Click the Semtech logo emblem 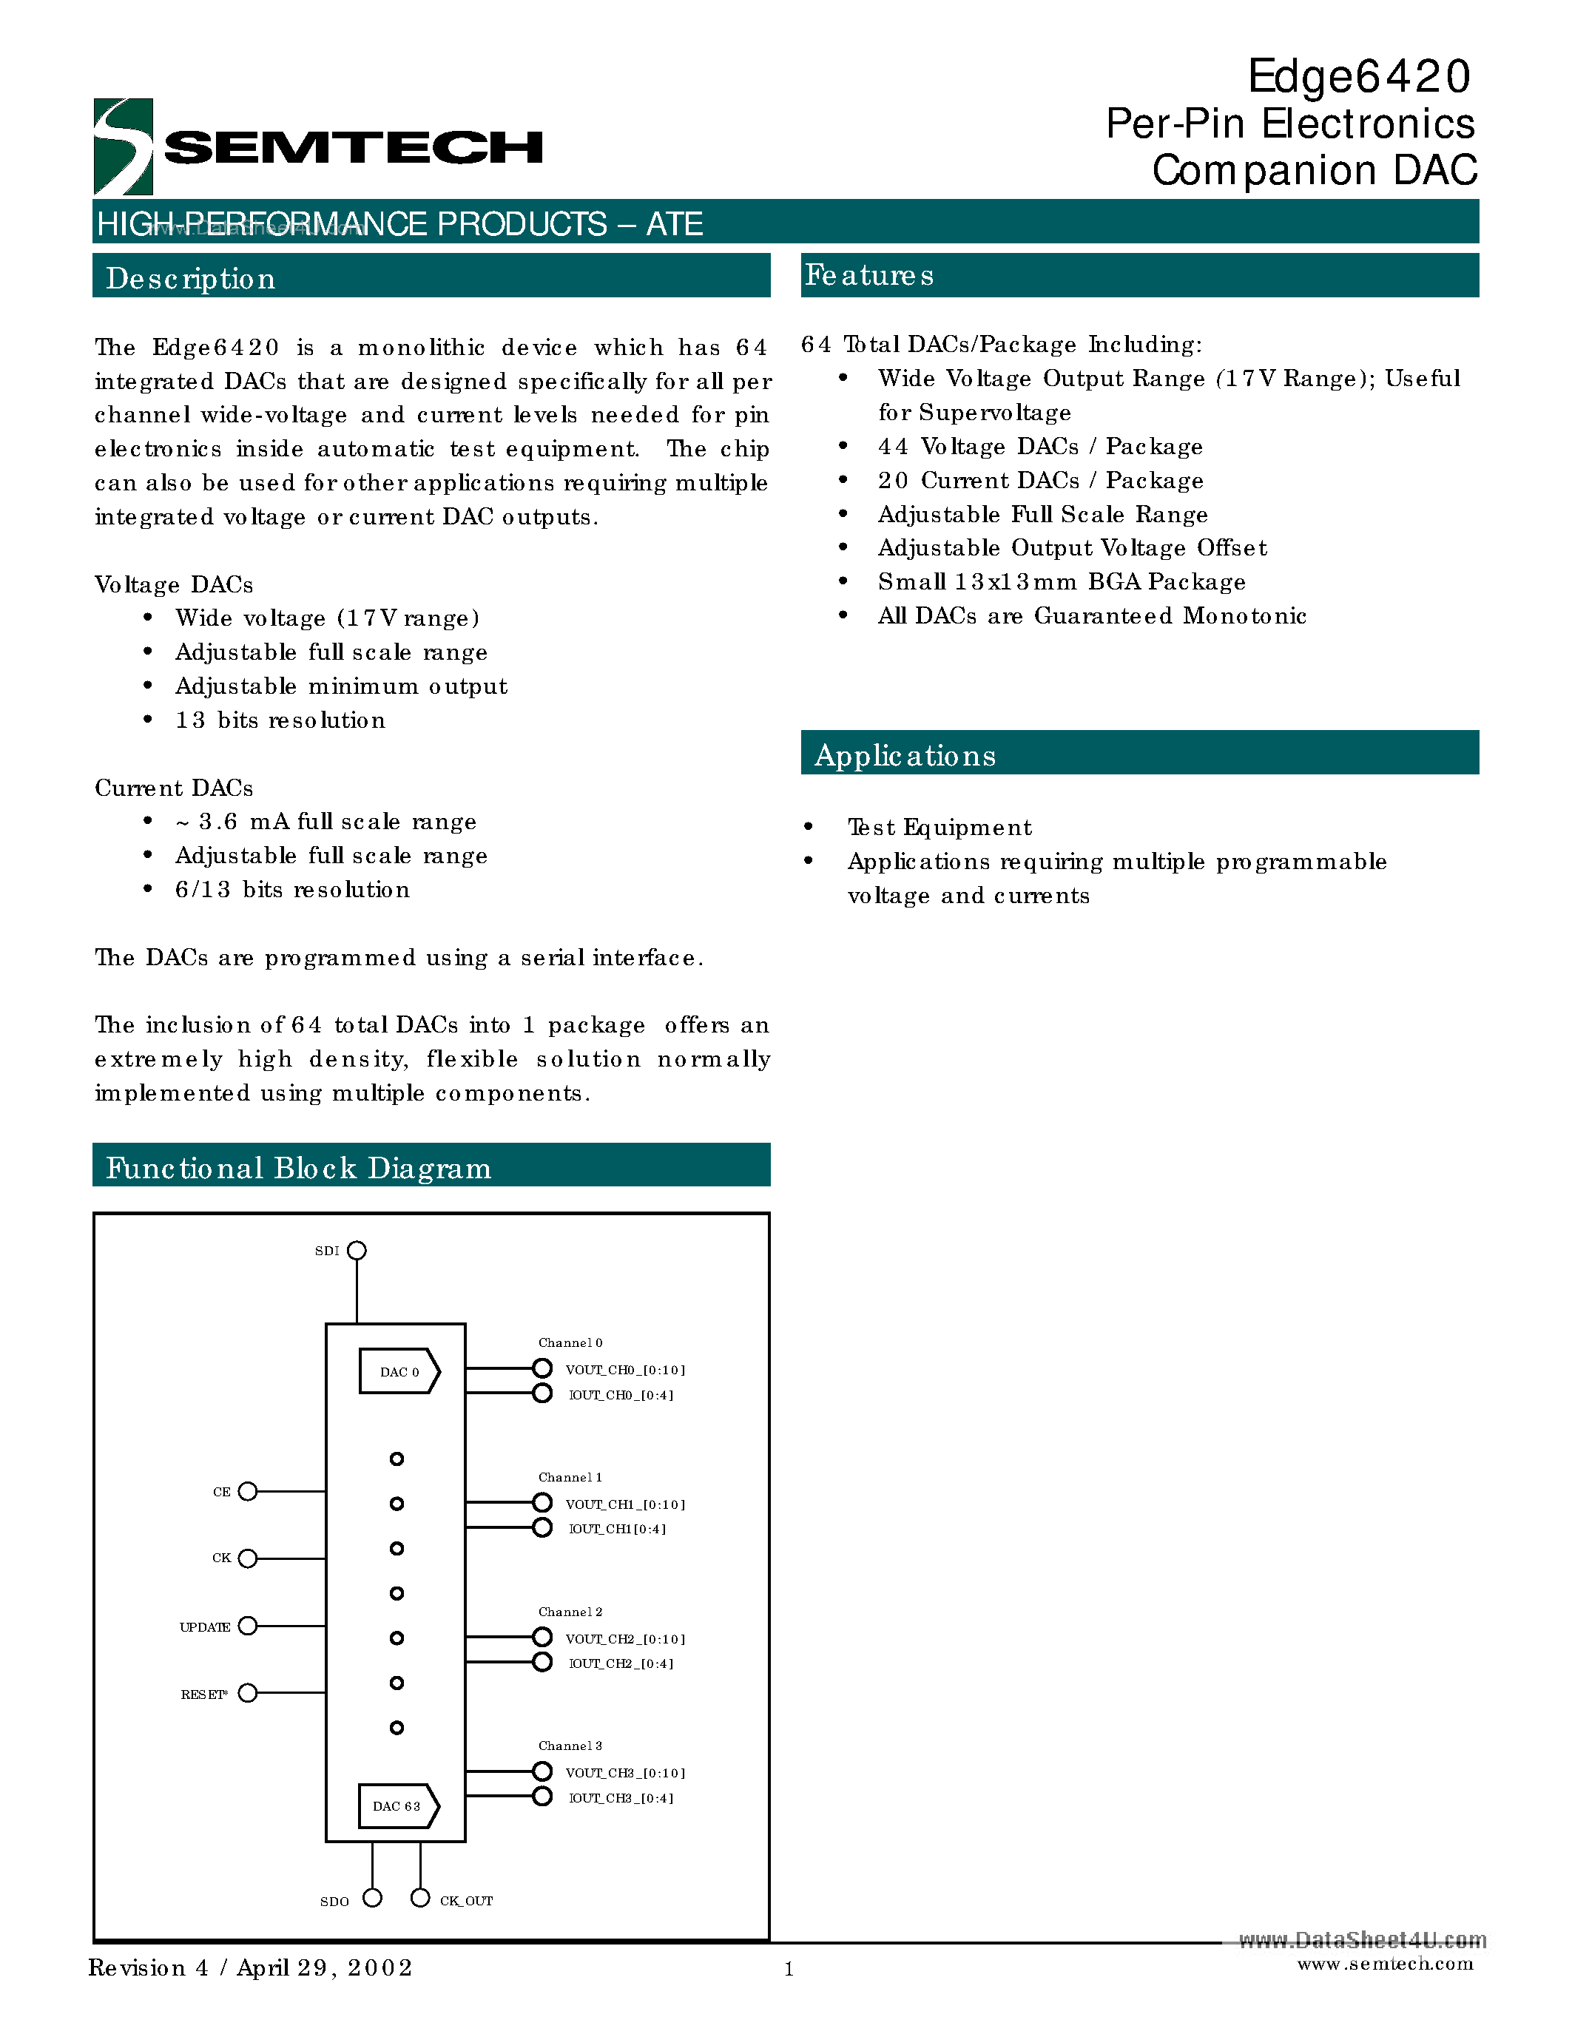pyautogui.click(x=123, y=146)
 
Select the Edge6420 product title pyautogui.click(x=1359, y=76)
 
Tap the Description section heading pyautogui.click(x=190, y=278)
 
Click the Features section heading pyautogui.click(x=869, y=276)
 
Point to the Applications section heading pyautogui.click(x=905, y=755)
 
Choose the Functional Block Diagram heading pyautogui.click(x=298, y=1168)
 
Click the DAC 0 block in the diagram pyautogui.click(x=399, y=1371)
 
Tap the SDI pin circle pyautogui.click(x=357, y=1250)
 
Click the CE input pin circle pyautogui.click(x=248, y=1491)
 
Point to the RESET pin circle pyautogui.click(x=248, y=1693)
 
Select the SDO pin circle pyautogui.click(x=373, y=1898)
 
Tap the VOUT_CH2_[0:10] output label pyautogui.click(x=625, y=1639)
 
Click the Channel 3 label pyautogui.click(x=570, y=1746)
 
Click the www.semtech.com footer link pyautogui.click(x=1385, y=1964)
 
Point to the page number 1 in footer pyautogui.click(x=789, y=1969)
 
